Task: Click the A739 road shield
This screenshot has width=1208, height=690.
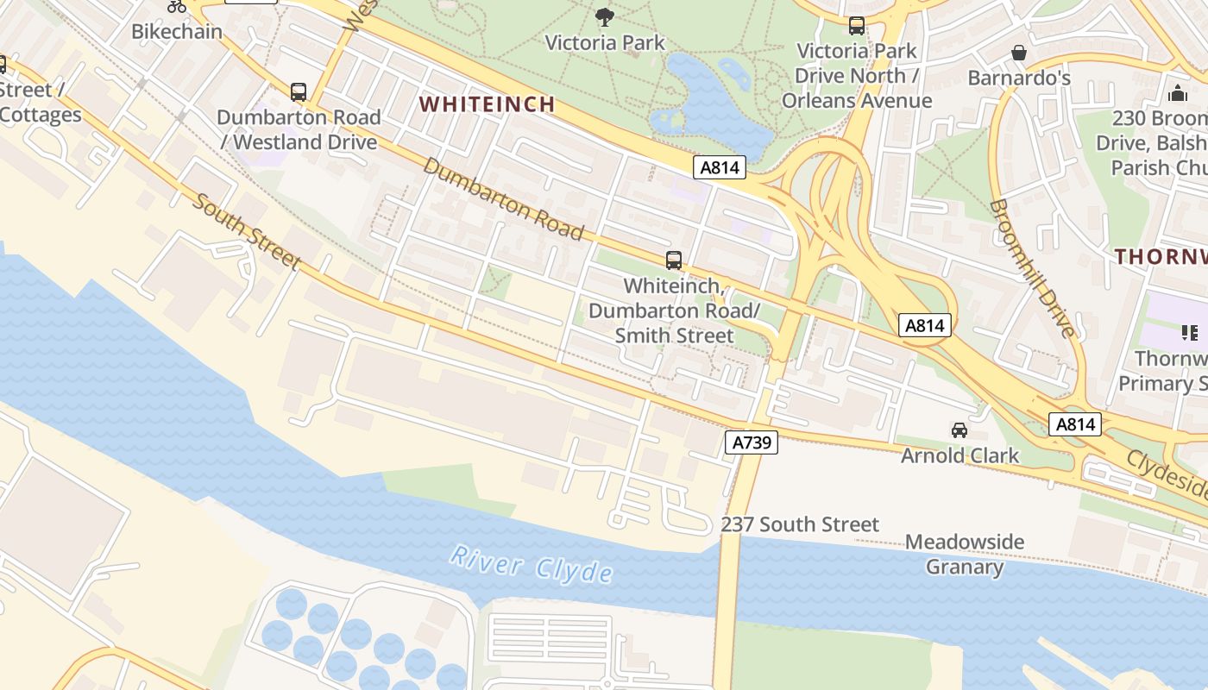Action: point(751,442)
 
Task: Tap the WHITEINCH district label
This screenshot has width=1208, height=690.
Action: point(487,104)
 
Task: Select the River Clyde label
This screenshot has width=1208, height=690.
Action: point(531,565)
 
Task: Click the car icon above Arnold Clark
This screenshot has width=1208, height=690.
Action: point(959,430)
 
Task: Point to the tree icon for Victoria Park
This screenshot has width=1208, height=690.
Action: point(605,16)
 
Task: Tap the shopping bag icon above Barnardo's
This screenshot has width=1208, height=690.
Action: point(1019,53)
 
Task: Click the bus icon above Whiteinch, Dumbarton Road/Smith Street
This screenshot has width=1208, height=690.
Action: point(674,260)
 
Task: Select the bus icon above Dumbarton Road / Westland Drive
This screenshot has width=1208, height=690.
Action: point(299,91)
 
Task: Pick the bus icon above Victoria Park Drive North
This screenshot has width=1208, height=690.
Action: point(856,26)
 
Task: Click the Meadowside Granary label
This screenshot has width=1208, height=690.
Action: point(964,554)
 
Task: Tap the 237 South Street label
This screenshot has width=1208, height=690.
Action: point(800,524)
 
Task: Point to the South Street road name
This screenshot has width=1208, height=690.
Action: point(246,231)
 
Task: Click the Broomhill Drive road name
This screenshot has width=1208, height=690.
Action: point(1033,267)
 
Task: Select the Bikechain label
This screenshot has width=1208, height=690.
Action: point(177,32)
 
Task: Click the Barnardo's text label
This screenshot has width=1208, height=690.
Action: point(1019,78)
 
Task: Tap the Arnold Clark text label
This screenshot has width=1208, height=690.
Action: point(959,455)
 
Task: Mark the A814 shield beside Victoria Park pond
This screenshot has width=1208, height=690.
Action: point(719,167)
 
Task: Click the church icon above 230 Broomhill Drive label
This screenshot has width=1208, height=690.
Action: point(1178,93)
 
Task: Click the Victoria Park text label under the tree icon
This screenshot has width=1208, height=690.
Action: point(605,42)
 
